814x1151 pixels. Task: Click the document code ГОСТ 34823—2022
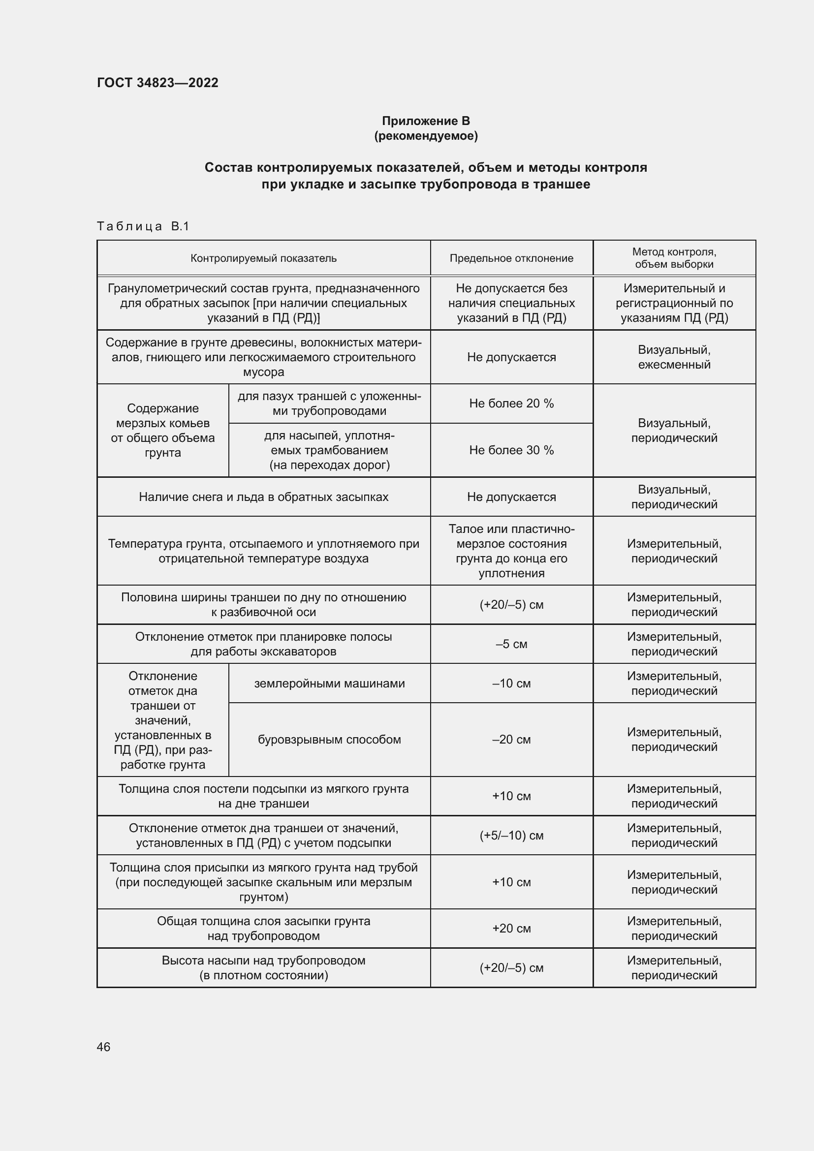coord(157,83)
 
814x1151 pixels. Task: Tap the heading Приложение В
coord(426,121)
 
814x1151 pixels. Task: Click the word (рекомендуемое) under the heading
coord(426,136)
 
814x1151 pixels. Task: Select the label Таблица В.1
coord(143,226)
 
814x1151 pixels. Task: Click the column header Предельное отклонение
coord(511,258)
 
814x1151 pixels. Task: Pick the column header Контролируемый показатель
coord(263,258)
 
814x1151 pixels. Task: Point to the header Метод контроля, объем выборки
coord(674,258)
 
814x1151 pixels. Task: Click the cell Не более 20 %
coord(511,404)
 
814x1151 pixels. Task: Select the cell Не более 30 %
coord(511,450)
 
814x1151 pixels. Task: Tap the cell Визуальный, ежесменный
coord(674,357)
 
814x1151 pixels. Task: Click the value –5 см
coord(511,644)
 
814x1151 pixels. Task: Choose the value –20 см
coord(511,740)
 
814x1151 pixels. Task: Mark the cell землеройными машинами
coord(329,684)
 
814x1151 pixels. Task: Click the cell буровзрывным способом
coord(329,740)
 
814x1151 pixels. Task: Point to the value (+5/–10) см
coord(511,835)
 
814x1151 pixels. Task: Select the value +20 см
coord(511,928)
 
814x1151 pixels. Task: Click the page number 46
coord(103,1047)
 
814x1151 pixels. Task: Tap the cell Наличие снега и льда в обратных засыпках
coord(263,497)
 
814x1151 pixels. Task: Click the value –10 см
coord(511,684)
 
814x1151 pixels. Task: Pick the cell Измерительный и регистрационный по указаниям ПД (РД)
coord(674,303)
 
